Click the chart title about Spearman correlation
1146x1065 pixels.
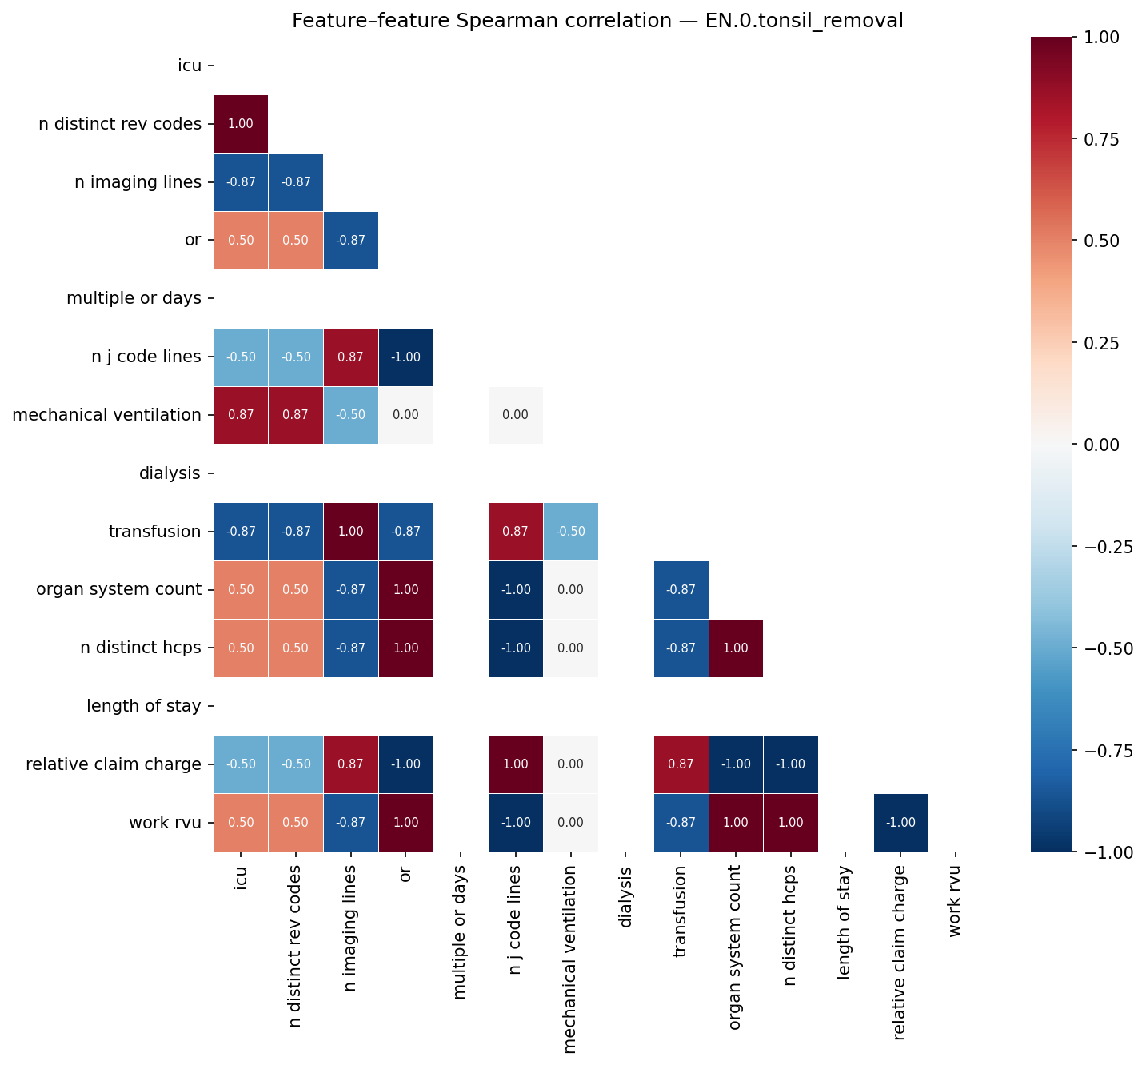click(597, 21)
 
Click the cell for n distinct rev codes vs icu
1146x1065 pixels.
click(242, 124)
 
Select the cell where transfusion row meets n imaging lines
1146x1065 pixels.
click(351, 532)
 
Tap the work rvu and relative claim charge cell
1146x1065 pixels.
click(901, 823)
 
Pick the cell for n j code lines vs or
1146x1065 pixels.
click(406, 357)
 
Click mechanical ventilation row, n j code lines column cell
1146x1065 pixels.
click(516, 415)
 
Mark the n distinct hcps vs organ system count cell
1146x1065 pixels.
click(736, 648)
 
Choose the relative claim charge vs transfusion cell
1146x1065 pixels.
click(681, 764)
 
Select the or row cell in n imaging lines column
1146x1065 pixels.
click(351, 241)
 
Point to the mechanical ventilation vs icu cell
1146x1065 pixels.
click(242, 415)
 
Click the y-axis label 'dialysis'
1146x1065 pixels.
click(170, 473)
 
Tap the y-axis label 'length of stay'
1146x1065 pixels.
click(144, 706)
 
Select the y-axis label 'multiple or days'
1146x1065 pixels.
click(134, 299)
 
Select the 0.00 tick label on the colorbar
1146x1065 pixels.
click(1108, 445)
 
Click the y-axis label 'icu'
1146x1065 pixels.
click(190, 66)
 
